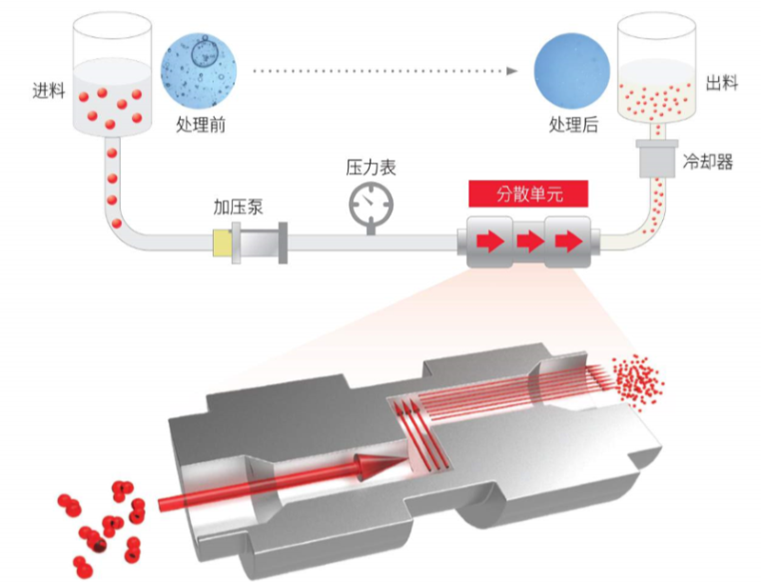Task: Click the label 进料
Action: [49, 90]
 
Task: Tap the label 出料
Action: [722, 83]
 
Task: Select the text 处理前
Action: [201, 125]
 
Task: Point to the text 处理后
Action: [574, 125]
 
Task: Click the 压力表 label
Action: [371, 167]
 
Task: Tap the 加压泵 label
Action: [238, 207]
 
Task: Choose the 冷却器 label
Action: [708, 161]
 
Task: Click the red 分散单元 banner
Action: [529, 193]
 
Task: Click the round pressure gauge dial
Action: [371, 203]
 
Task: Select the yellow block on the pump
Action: [223, 243]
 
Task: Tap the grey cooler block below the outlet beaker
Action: [657, 158]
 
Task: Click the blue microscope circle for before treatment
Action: [200, 70]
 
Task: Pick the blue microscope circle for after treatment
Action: [572, 70]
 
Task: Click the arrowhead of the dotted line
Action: [512, 70]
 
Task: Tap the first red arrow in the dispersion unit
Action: [490, 241]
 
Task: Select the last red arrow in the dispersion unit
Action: [569, 241]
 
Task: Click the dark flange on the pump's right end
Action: [283, 243]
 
